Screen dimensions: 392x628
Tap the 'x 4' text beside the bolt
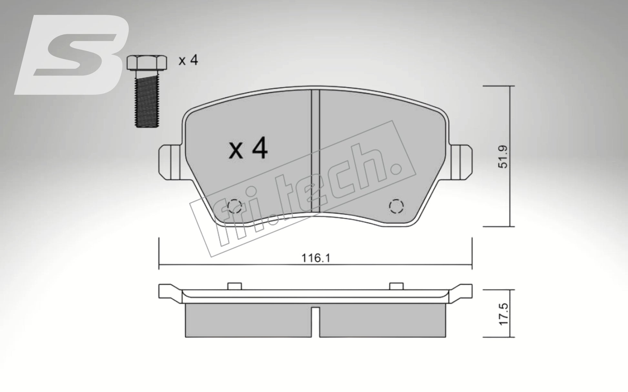pos(188,60)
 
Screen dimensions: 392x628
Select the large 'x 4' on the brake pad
pos(248,149)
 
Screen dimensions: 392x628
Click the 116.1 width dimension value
pos(316,258)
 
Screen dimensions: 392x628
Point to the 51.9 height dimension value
pos(503,156)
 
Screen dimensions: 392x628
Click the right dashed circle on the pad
pos(396,206)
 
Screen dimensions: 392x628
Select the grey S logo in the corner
pos(73,55)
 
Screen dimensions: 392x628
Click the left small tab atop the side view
pos(234,286)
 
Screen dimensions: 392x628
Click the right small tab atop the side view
pos(396,286)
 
